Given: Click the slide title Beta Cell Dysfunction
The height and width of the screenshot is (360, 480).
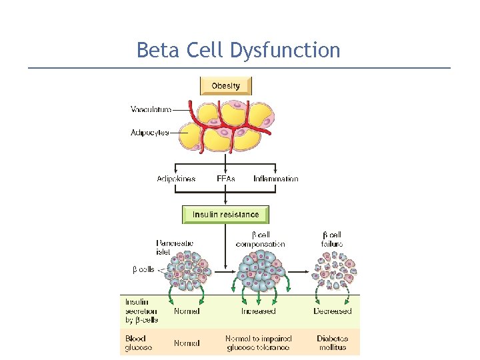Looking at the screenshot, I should [x=238, y=50].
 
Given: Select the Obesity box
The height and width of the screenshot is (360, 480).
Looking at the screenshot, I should [x=225, y=85].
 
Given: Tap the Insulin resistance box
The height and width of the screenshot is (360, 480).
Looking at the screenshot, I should [x=225, y=215].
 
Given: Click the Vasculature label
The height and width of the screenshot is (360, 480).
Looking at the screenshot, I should [x=151, y=109].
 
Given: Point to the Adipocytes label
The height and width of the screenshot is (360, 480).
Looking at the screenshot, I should [x=149, y=133].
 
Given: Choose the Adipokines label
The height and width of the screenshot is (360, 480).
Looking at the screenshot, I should [x=176, y=179].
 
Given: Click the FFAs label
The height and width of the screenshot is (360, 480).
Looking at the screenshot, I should [x=226, y=179].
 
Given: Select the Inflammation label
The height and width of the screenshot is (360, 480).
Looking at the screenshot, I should [x=275, y=179].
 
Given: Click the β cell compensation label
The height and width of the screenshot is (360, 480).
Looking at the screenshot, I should [x=260, y=239].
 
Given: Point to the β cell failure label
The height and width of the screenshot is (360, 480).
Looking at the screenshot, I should [x=332, y=239].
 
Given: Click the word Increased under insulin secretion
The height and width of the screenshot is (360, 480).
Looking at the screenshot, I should [x=258, y=311].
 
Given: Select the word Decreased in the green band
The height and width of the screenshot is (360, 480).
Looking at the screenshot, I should [x=332, y=311].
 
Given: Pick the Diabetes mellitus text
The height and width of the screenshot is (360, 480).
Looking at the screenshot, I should [x=332, y=343].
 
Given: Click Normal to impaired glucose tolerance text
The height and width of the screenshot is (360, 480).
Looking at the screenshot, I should [x=259, y=343].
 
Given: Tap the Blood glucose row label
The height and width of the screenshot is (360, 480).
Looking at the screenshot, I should [x=139, y=343].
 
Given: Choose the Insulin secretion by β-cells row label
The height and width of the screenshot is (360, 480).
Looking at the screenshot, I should [x=141, y=311].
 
